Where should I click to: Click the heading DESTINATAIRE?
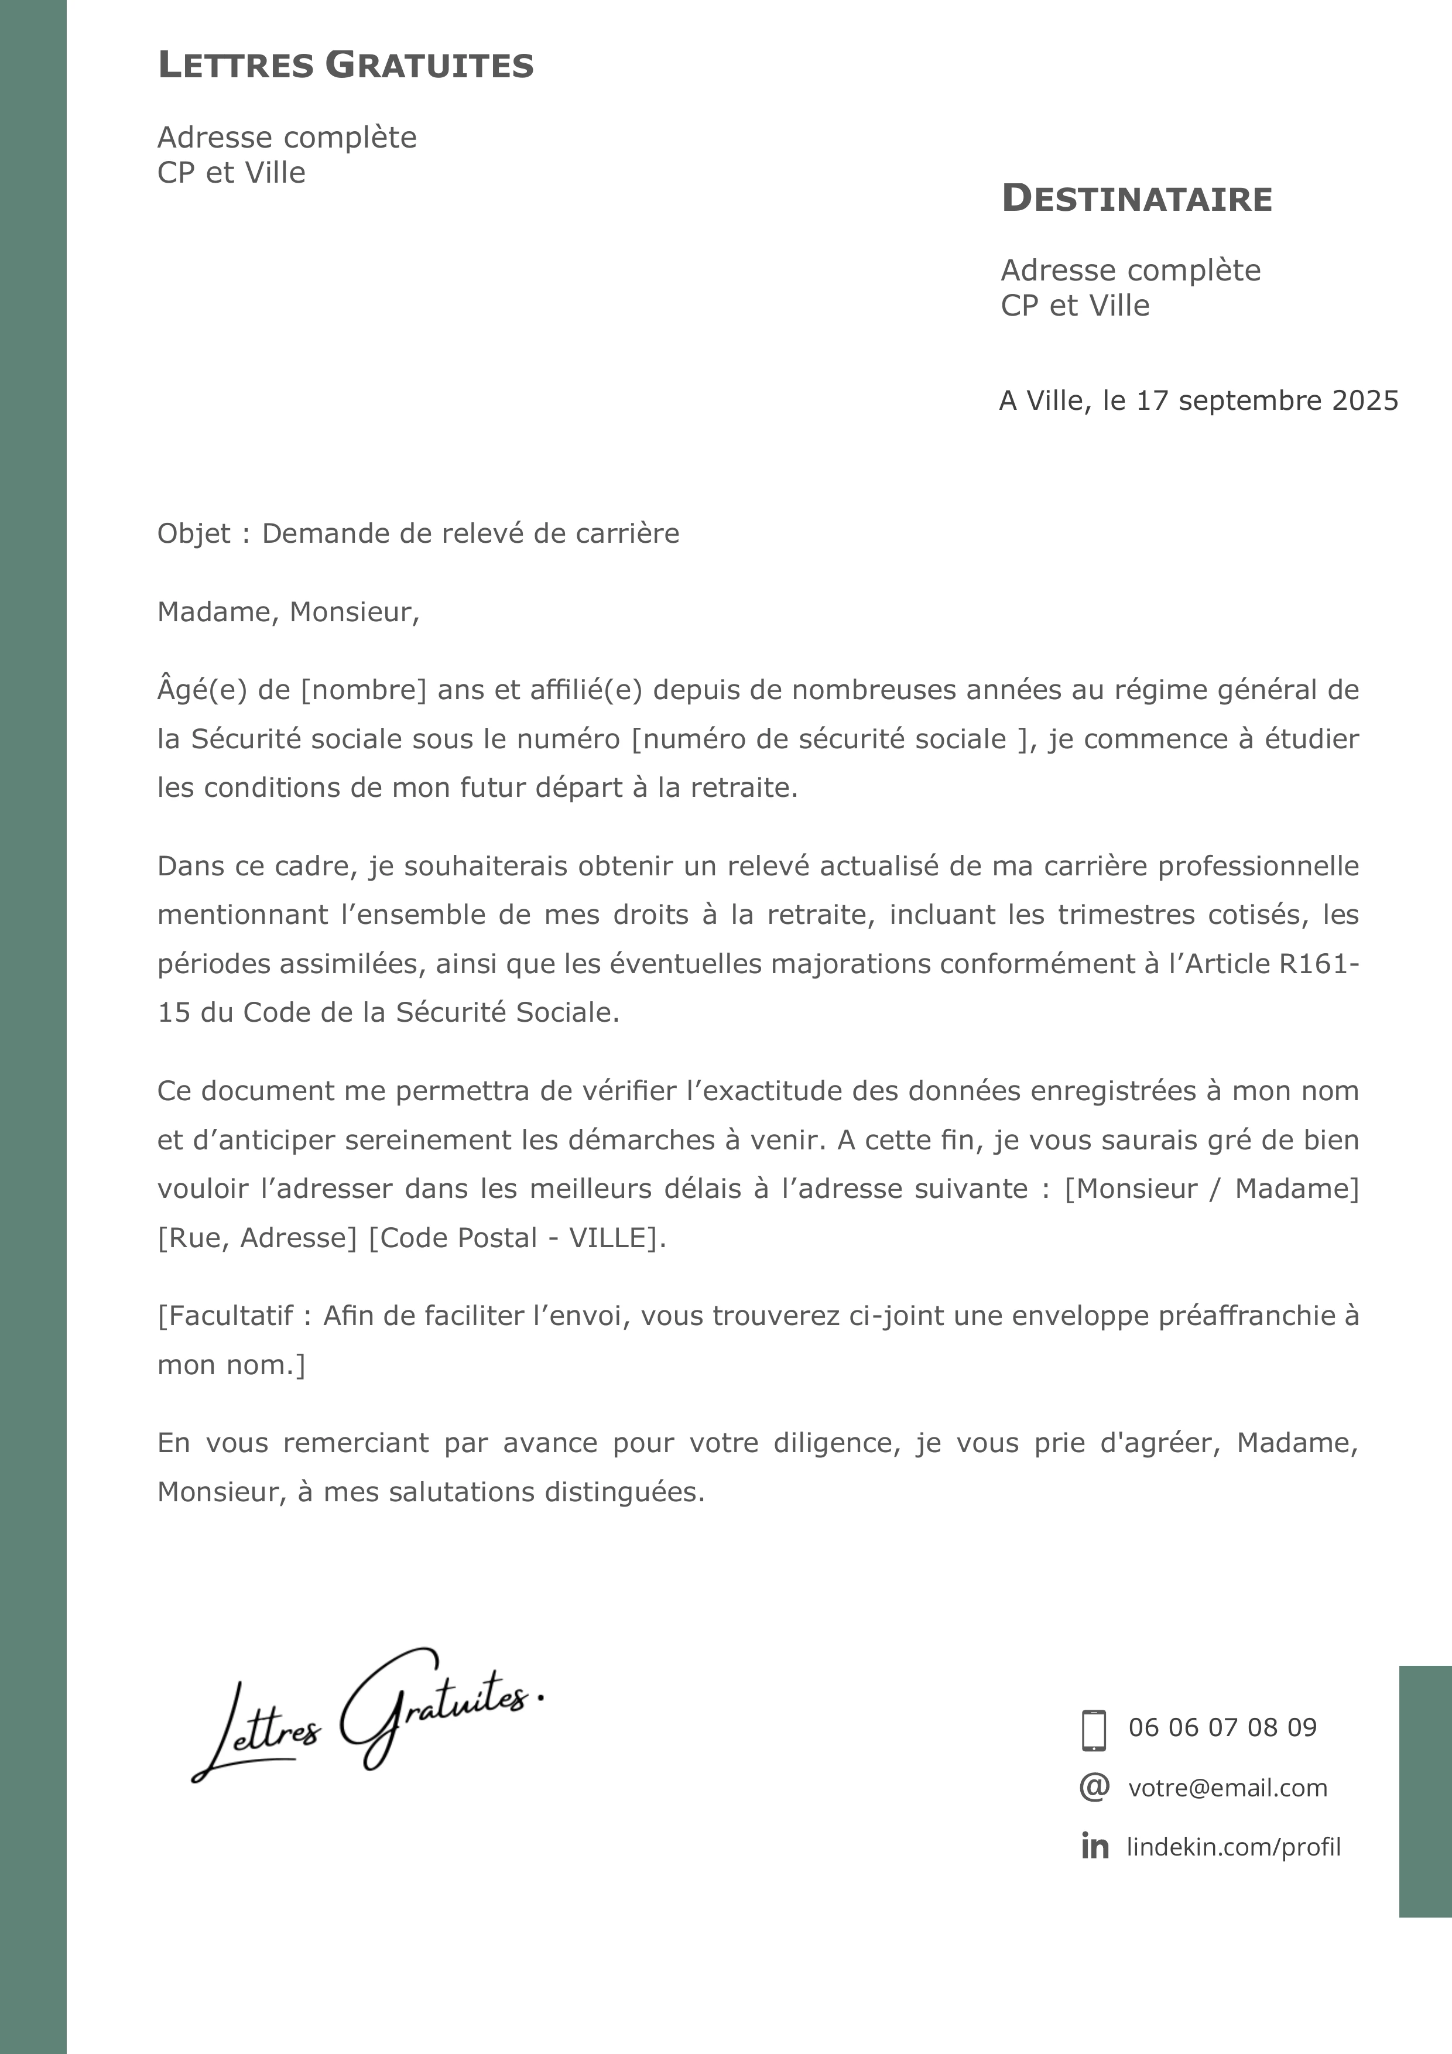(x=1136, y=198)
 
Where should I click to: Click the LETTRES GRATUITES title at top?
(x=345, y=66)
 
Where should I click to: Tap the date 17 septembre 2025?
(x=1267, y=400)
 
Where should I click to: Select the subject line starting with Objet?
(x=418, y=534)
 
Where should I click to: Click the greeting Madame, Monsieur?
(x=288, y=612)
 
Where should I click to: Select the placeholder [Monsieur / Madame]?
(x=1211, y=1189)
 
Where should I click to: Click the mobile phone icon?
(x=1093, y=1730)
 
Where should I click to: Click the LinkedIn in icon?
(x=1094, y=1847)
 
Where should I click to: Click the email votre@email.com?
(x=1227, y=1788)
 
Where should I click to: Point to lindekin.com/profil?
(x=1233, y=1847)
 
